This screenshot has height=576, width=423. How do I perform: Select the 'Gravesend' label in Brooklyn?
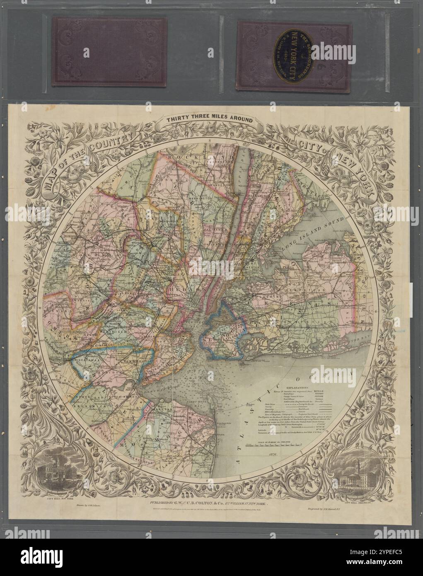click(226, 348)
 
